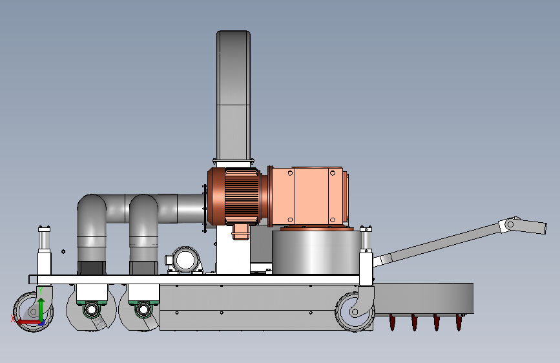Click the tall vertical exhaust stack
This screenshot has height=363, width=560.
tap(233, 96)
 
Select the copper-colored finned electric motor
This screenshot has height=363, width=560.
tap(236, 197)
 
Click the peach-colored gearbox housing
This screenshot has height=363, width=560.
tap(308, 196)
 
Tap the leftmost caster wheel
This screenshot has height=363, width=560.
tap(32, 312)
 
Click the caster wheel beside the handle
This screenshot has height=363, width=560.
tap(353, 312)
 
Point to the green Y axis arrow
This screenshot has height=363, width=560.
tap(41, 309)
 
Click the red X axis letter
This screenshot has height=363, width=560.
tap(13, 318)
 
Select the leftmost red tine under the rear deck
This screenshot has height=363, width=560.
tap(392, 322)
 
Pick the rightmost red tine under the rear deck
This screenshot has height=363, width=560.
tap(459, 322)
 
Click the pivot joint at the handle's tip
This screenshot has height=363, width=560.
tap(510, 224)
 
